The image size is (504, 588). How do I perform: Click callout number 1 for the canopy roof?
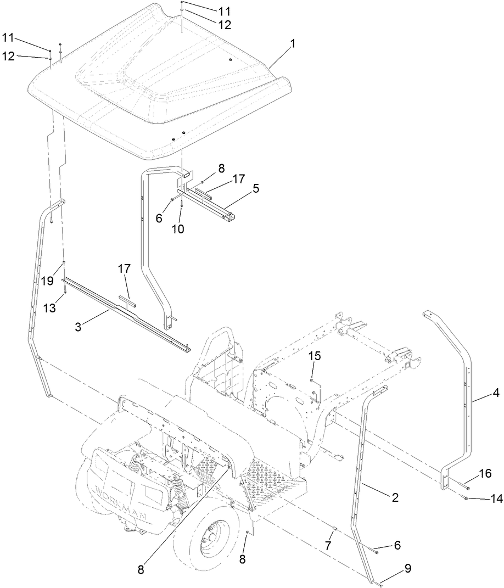293,44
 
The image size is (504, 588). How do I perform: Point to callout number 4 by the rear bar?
496,393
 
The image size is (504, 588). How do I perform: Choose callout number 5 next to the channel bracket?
256,188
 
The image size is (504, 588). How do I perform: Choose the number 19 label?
47,280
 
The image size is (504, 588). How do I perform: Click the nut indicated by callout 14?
466,498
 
